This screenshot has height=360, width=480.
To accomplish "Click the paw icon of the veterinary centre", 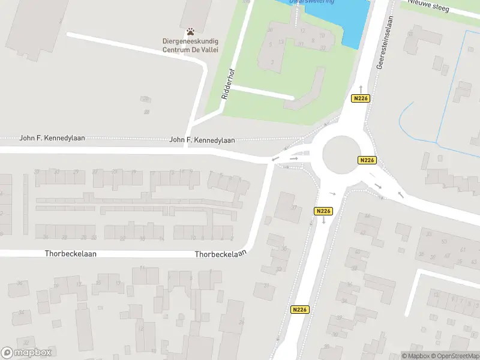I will [191, 31].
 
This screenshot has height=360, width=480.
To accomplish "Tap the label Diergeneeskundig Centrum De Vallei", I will [190, 46].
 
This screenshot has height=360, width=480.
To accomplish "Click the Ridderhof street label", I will [227, 86].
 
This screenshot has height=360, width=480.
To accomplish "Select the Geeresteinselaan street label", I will [380, 51].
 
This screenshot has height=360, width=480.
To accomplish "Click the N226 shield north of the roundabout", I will [359, 98].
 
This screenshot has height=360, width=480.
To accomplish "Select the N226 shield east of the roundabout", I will [367, 160].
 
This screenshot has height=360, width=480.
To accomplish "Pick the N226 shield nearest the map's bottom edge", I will [300, 310].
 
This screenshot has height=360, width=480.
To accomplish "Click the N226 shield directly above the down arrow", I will [323, 211].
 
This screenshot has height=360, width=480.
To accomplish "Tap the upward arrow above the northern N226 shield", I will [360, 88].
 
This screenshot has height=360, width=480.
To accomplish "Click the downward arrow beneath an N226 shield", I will [323, 221].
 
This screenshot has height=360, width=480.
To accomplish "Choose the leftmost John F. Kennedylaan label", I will [52, 138].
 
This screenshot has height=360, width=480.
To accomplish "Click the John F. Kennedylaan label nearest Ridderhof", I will [202, 140].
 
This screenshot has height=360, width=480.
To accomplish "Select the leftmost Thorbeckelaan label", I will [71, 254].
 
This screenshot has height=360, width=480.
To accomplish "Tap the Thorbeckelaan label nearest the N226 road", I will [221, 254].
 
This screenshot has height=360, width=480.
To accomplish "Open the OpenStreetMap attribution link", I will [454, 356].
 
